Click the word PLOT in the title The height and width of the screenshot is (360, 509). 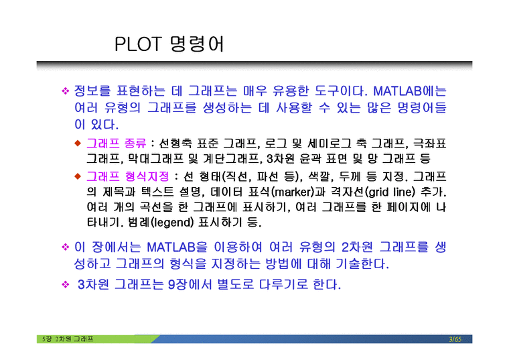(x=139, y=45)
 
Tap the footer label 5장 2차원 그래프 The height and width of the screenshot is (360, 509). (x=66, y=339)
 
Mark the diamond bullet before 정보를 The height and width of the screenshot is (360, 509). (x=66, y=91)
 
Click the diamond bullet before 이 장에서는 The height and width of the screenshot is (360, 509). (x=66, y=247)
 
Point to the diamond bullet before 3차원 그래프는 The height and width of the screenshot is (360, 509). (x=66, y=285)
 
